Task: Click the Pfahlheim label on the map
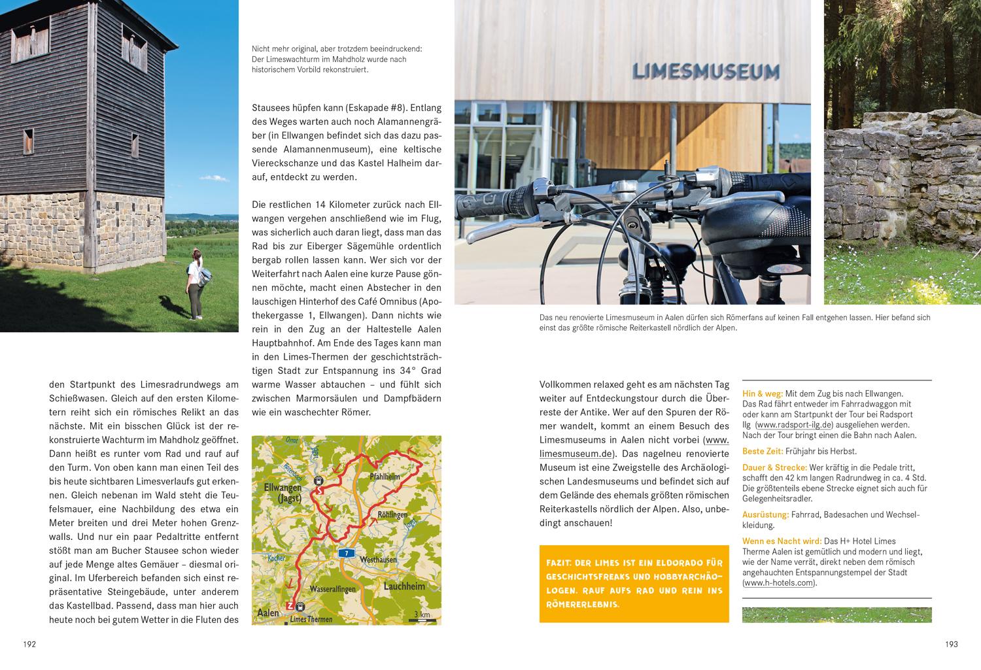[385, 477]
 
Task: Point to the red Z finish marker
[290, 605]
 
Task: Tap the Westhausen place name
[378, 560]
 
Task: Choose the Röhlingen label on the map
[392, 514]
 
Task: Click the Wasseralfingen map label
[337, 588]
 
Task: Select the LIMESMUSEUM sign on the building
[706, 71]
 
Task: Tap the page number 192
[29, 644]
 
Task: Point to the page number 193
[951, 644]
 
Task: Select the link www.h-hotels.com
[780, 583]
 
